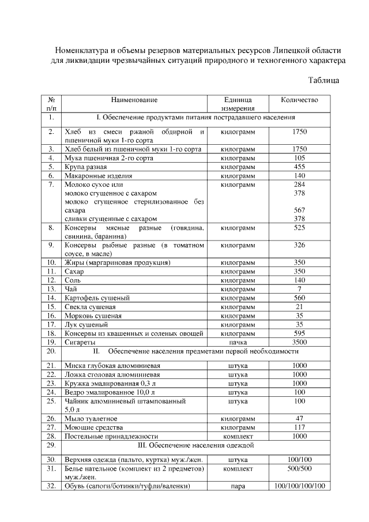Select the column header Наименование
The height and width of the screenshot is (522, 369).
click(x=134, y=100)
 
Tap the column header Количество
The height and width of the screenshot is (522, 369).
click(x=299, y=100)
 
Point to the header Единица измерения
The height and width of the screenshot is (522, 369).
click(x=238, y=104)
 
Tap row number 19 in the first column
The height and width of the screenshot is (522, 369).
click(x=51, y=341)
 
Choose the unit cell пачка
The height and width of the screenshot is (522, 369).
click(x=238, y=341)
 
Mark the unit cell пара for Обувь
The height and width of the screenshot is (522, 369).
click(x=238, y=486)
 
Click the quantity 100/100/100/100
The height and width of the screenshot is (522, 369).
click(x=299, y=486)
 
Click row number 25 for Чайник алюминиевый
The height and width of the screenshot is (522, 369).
click(x=51, y=400)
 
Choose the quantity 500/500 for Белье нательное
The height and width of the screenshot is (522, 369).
click(x=299, y=469)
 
